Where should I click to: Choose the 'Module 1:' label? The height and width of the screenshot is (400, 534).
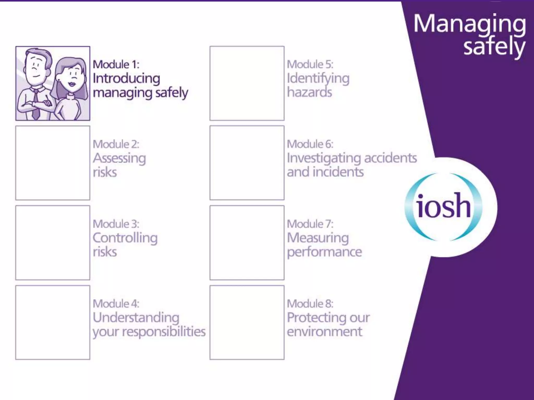[116, 65]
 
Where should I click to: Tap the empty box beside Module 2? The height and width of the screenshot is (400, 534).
[53, 163]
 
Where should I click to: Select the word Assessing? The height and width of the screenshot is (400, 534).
[119, 158]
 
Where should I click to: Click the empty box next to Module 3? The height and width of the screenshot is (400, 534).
[53, 243]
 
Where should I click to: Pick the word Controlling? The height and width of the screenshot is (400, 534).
[125, 238]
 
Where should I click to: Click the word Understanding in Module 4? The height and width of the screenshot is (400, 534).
[136, 318]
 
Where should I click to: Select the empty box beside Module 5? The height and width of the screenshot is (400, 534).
[247, 83]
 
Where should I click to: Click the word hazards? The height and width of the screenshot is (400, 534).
[310, 92]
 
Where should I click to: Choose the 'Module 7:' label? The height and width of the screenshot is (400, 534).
[310, 224]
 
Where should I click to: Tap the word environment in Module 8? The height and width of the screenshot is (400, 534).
[324, 332]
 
